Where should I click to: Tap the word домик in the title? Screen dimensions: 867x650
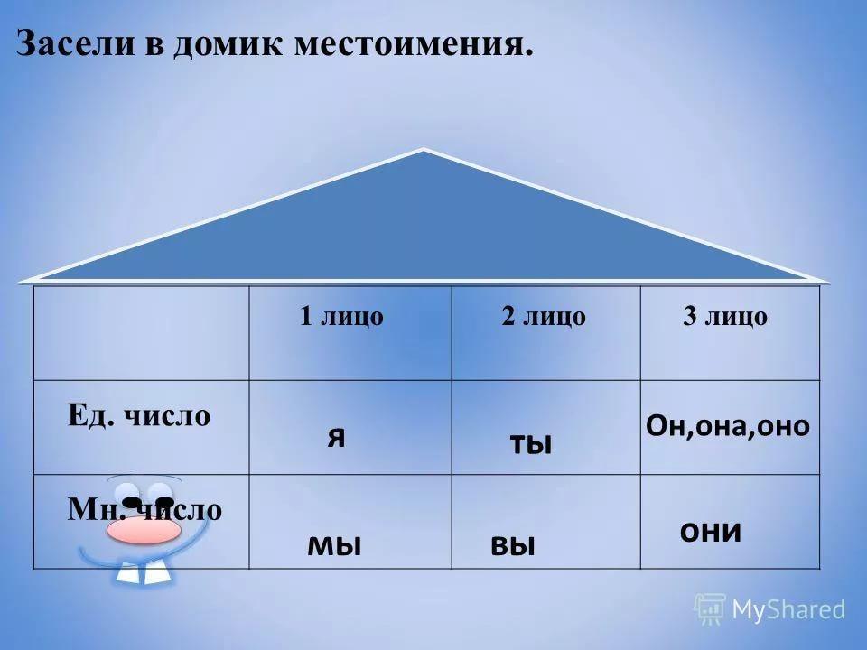(228, 44)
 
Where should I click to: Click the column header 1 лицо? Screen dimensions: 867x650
(341, 316)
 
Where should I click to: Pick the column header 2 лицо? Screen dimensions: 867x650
(544, 316)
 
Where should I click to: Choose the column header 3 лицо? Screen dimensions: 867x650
(725, 316)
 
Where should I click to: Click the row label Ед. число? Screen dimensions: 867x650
(139, 414)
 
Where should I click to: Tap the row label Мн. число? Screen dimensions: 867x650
(144, 509)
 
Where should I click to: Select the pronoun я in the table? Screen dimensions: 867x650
(336, 437)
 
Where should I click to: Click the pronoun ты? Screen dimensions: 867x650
(531, 443)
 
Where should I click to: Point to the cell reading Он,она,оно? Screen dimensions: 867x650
(728, 425)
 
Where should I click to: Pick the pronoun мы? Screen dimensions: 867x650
(334, 545)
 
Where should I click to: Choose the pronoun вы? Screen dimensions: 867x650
(513, 545)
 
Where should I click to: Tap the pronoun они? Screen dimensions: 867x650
(711, 531)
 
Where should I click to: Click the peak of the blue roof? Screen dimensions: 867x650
(423, 150)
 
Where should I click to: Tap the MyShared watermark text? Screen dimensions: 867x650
(789, 609)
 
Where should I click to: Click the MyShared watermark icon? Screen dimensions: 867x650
(711, 609)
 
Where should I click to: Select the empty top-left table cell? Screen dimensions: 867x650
(142, 333)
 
